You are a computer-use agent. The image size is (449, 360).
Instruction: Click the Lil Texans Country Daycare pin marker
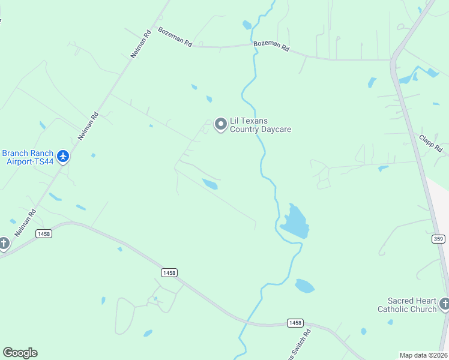point(221,124)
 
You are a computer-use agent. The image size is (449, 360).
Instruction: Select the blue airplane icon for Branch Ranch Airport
point(63,157)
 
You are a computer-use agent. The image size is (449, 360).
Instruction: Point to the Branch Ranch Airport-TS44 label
point(28,157)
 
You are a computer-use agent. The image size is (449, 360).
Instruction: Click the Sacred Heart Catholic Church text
point(407,305)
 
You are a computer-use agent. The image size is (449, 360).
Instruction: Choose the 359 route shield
point(438,239)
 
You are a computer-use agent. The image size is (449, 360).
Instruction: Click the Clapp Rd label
point(430,143)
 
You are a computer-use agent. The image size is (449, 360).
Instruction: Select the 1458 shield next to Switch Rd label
point(294,322)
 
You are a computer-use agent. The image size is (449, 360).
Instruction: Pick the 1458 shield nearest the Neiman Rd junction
point(43,233)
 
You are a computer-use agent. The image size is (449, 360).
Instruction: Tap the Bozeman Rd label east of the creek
point(271,46)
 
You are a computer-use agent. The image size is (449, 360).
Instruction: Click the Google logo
point(20,353)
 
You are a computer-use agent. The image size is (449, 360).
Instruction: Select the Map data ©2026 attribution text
point(423,355)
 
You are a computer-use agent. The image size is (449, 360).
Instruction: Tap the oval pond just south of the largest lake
point(304,286)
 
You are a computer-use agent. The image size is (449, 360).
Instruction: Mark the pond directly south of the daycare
point(210,184)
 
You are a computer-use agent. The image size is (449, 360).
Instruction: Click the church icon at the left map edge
point(4,244)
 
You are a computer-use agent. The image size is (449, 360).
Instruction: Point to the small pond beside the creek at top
point(247,25)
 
